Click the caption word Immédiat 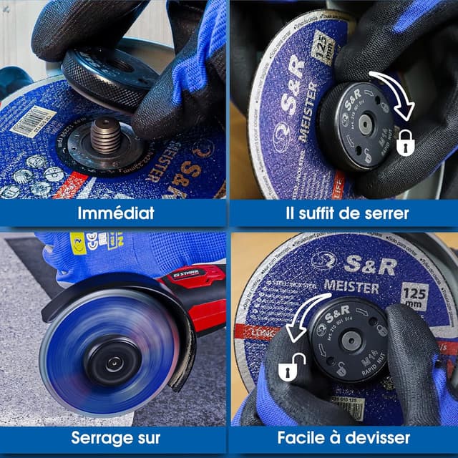point(114,213)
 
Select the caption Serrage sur point(114,438)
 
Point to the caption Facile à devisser point(344,438)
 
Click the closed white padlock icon point(406,142)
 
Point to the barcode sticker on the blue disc point(33,122)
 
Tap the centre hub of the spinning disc point(112,363)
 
